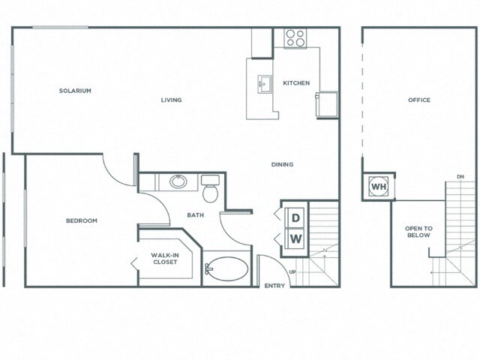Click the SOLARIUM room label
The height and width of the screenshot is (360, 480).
tap(75, 91)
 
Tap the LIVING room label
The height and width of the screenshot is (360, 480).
tap(171, 100)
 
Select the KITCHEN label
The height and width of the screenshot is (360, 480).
tap(295, 82)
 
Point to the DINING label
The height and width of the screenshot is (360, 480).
tap(282, 164)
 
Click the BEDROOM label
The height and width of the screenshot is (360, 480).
tap(81, 220)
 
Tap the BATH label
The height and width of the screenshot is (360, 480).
tap(196, 215)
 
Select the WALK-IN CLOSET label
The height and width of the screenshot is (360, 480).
tap(164, 259)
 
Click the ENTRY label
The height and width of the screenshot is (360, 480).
tap(274, 286)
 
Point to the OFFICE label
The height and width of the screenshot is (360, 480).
tap(418, 100)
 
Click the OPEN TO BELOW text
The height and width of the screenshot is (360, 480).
tap(418, 232)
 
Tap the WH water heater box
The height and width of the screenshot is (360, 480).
tap(379, 186)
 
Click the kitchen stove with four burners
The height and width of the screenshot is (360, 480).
tap(295, 38)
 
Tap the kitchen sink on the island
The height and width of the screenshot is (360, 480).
tap(265, 83)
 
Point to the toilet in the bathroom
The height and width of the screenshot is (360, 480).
tap(210, 190)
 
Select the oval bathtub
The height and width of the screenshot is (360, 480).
tap(227, 268)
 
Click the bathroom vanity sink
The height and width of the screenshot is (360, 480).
tap(178, 181)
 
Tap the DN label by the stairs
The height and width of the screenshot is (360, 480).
tap(460, 177)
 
